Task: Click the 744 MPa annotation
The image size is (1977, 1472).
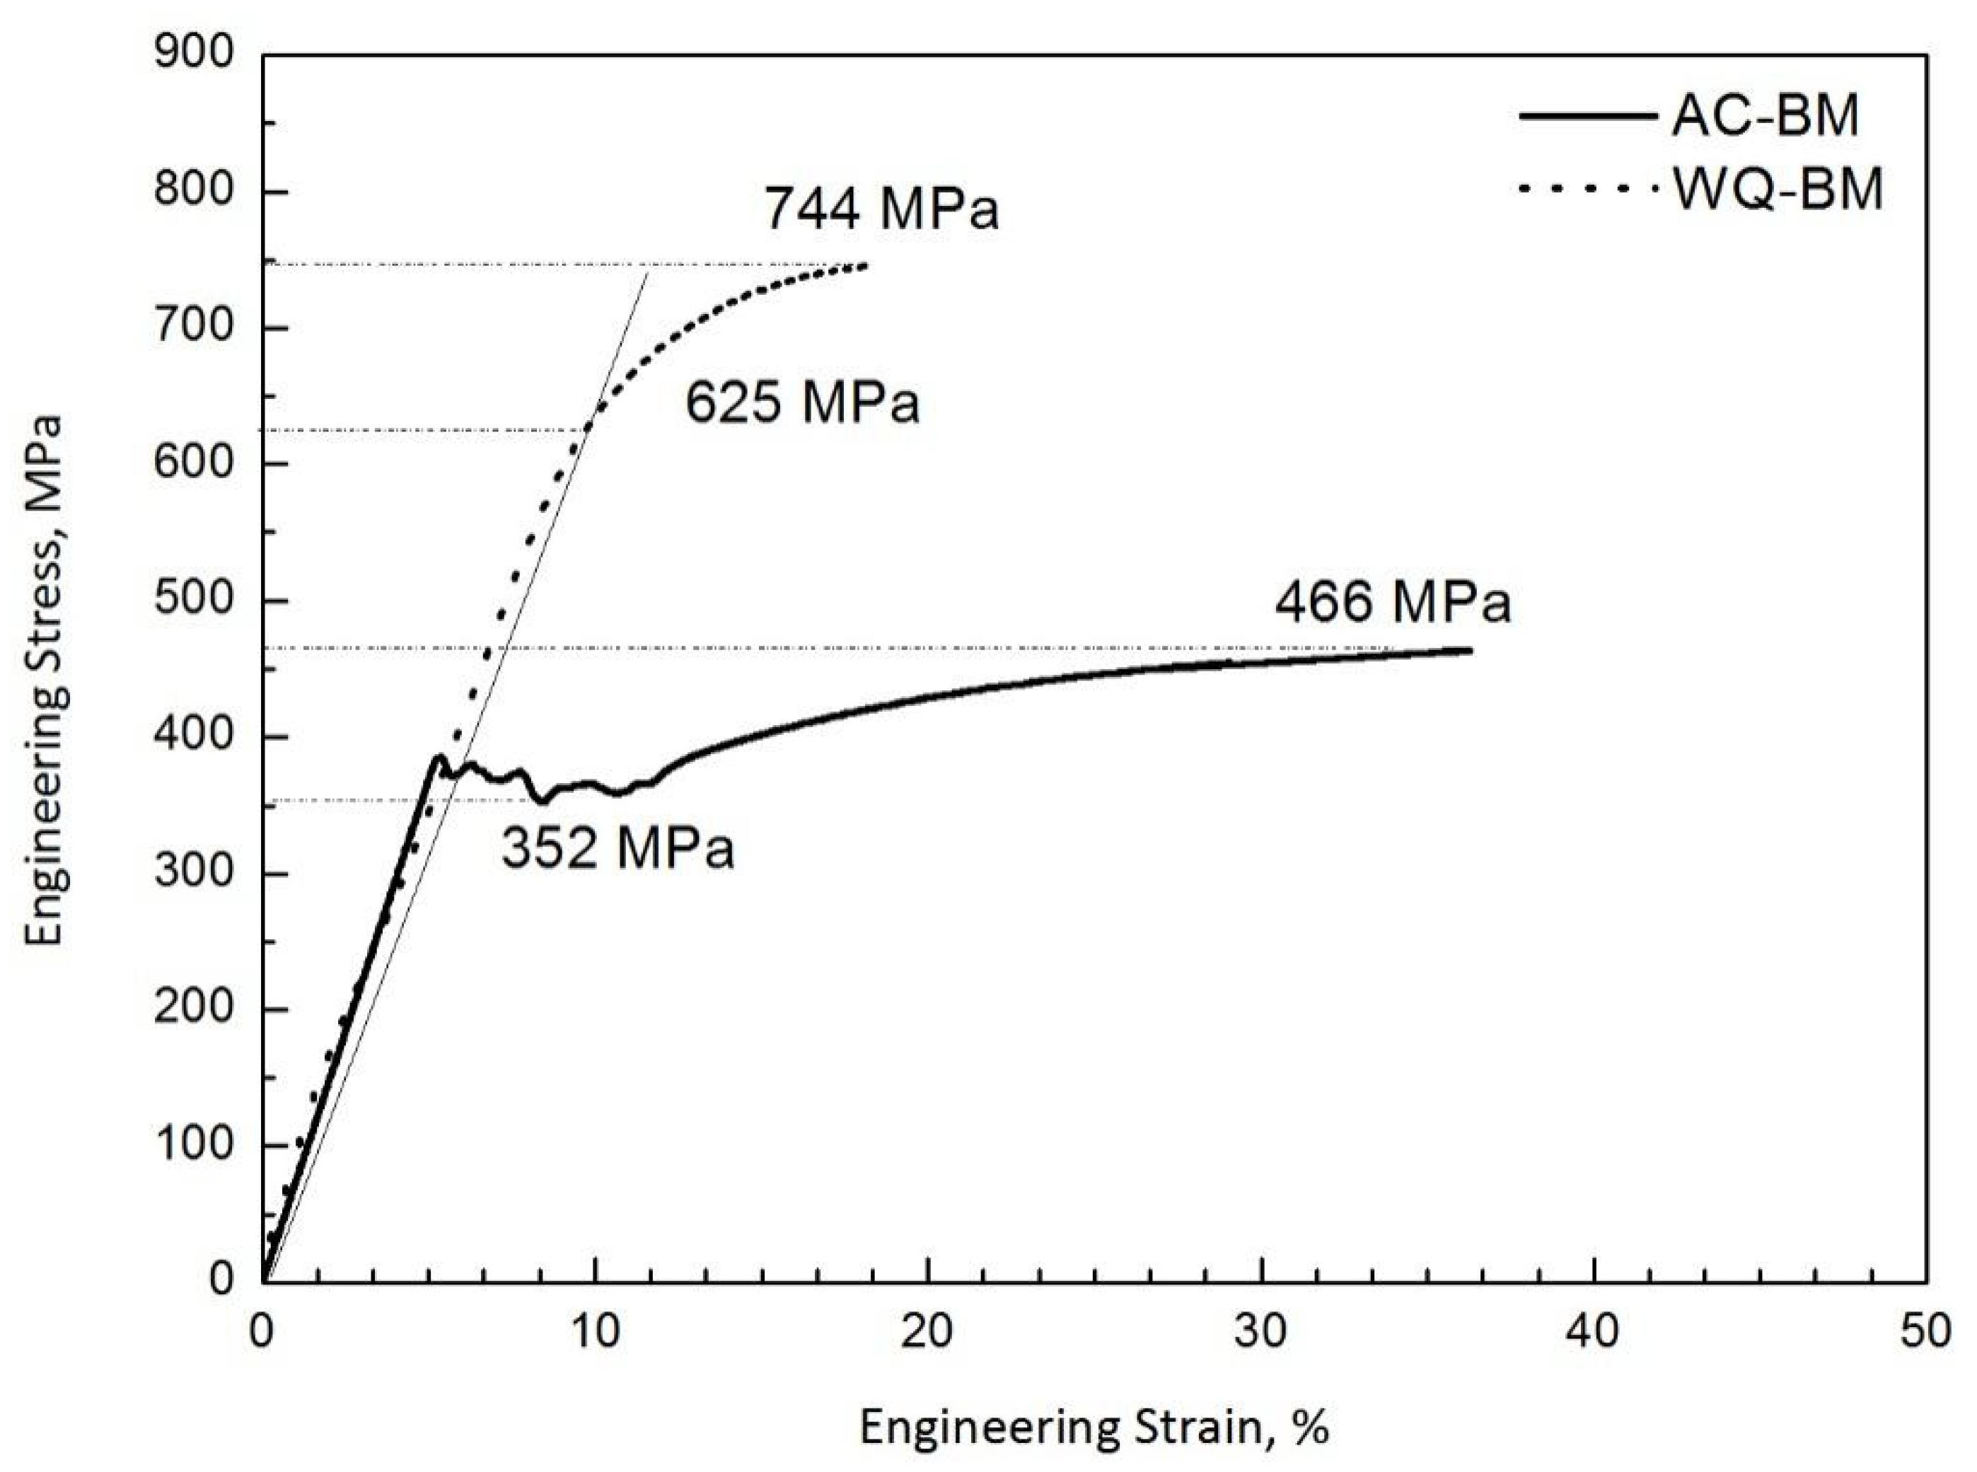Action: click(x=881, y=210)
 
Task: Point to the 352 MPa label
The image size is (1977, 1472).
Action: click(x=618, y=847)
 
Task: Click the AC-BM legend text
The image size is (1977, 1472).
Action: click(x=1765, y=116)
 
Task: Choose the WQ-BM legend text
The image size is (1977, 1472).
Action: click(x=1778, y=190)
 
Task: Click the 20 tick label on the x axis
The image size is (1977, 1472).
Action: click(x=927, y=1331)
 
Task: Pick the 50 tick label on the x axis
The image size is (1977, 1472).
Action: click(x=1925, y=1331)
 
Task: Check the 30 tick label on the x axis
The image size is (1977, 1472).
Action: click(x=1262, y=1331)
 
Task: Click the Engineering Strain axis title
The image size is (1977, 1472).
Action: click(x=1094, y=1427)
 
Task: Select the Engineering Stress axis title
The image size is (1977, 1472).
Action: click(x=45, y=679)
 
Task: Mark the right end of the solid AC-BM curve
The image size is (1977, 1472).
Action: click(x=1470, y=651)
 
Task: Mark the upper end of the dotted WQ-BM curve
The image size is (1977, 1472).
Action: click(x=865, y=265)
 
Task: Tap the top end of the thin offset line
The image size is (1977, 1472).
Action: click(x=648, y=272)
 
